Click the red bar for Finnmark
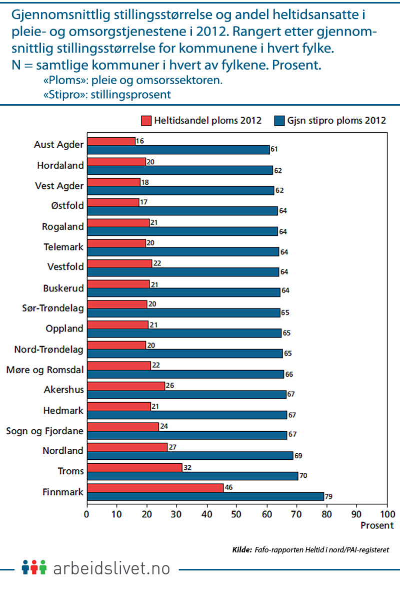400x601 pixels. click(155, 488)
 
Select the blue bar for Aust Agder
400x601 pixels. click(178, 149)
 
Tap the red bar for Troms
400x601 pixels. click(134, 467)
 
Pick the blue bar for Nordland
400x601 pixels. click(190, 456)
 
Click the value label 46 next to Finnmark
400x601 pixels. click(228, 487)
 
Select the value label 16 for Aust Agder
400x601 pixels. click(140, 141)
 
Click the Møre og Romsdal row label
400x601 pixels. click(44, 370)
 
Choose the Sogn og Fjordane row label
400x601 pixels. click(44, 430)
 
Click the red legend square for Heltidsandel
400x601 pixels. click(146, 121)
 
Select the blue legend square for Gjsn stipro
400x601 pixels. click(279, 121)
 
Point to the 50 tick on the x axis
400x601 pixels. click(237, 514)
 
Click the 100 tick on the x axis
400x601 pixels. click(387, 514)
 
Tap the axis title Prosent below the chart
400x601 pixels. click(377, 525)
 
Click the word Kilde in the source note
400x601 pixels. click(242, 550)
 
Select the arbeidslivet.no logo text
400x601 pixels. click(111, 568)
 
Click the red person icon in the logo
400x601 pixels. click(34, 567)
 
